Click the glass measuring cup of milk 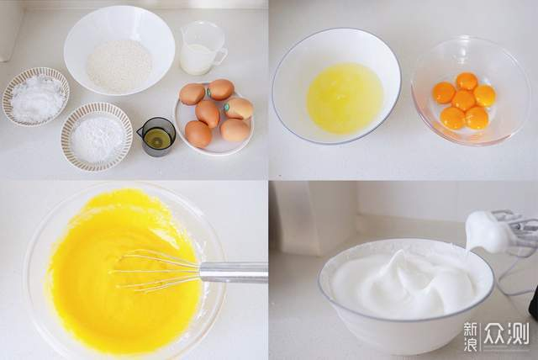click(203, 48)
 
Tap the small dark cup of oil click(157, 136)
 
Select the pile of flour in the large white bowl click(119, 66)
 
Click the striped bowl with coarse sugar click(35, 96)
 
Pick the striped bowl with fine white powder click(97, 136)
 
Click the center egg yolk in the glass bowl click(463, 100)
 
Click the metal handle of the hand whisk click(234, 273)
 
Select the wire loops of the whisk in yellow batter click(156, 271)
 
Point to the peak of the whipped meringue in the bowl click(399, 253)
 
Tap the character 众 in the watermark click(495, 333)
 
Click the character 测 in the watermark click(518, 333)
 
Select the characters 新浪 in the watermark click(470, 337)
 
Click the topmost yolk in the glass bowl click(467, 81)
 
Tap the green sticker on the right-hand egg click(226, 107)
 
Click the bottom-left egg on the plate click(198, 135)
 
